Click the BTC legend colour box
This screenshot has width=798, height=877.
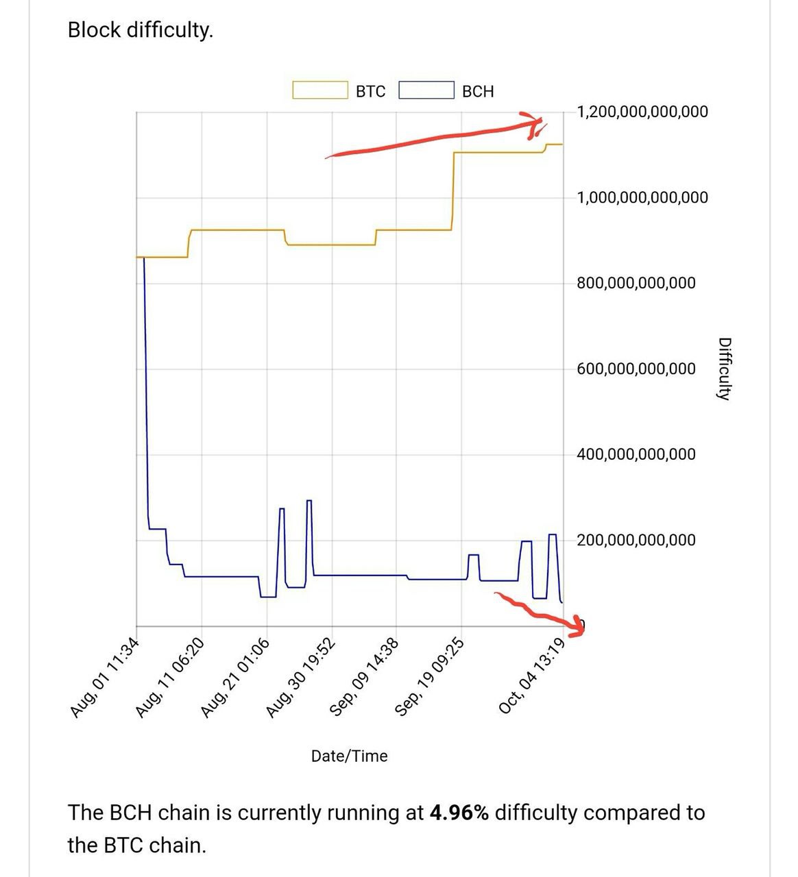(319, 90)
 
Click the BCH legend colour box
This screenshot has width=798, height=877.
(426, 90)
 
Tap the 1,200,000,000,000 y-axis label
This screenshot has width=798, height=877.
(642, 112)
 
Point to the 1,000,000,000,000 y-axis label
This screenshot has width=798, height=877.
(642, 198)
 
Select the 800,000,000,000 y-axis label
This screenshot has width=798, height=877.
(636, 283)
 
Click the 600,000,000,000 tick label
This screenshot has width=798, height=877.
(636, 369)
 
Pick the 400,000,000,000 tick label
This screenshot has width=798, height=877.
(636, 454)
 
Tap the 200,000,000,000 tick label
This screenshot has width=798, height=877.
(636, 540)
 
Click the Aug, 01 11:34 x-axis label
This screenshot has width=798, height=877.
(105, 677)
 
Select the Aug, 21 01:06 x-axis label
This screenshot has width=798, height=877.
(235, 677)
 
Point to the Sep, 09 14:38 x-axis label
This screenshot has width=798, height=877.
(365, 677)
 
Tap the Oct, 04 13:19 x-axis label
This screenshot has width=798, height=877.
(532, 676)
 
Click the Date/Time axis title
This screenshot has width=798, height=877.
(349, 756)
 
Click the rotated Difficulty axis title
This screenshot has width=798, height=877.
(723, 369)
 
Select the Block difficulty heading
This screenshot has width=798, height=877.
(141, 30)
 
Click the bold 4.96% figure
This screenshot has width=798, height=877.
(459, 813)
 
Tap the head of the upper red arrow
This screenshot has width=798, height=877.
(538, 123)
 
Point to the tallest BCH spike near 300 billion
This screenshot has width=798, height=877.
(309, 502)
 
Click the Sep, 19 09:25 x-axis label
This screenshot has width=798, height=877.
(431, 677)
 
